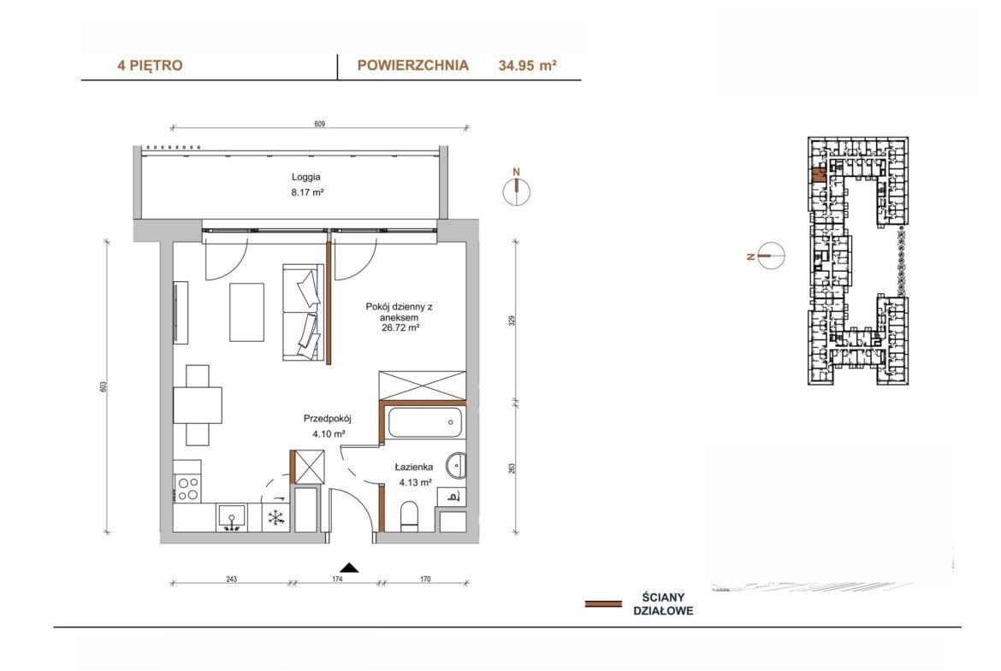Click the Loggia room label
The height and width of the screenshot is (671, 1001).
pos(305,177)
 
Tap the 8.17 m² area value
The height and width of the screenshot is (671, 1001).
pos(307,192)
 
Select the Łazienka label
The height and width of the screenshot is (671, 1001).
pos(414,467)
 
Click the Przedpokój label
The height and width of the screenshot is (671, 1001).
pos(328,419)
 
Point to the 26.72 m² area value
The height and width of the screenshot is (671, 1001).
pos(400,328)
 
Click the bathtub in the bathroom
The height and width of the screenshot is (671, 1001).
pos(424,422)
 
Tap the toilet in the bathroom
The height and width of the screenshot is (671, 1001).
pos(408,515)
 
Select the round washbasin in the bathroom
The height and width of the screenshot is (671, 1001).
pos(457,466)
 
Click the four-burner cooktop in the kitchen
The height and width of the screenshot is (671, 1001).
pos(187,489)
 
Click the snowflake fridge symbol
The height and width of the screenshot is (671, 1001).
pos(275,517)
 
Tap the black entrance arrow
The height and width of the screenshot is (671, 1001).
pos(348,568)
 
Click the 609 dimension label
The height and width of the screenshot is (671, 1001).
pos(320,124)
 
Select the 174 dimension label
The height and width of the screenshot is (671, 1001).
pos(338,580)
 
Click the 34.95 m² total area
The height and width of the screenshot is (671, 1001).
pos(527,65)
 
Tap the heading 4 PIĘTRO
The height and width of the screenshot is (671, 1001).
pos(150,65)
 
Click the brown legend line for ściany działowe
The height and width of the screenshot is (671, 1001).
pos(603,603)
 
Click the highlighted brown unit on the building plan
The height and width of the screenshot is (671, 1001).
pos(818,174)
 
